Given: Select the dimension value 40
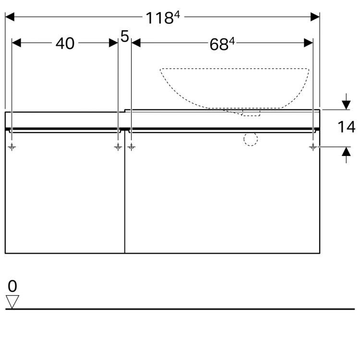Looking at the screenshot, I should pos(65,44).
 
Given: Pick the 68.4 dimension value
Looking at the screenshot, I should pos(222,44).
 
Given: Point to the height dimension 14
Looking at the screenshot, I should pos(346,127).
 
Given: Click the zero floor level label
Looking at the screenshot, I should pos(12,287).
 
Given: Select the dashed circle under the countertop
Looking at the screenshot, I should pos(251,139).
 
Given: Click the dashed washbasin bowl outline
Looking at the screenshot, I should pos(234,86).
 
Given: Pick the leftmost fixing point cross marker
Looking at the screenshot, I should pos(12,147).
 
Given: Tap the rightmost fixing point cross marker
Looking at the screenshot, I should pos(313,147).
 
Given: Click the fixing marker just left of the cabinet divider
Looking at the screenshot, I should pos(118,147).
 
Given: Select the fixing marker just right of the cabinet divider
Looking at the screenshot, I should pos(132,147).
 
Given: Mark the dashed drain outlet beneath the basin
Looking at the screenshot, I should pos(251,113).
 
